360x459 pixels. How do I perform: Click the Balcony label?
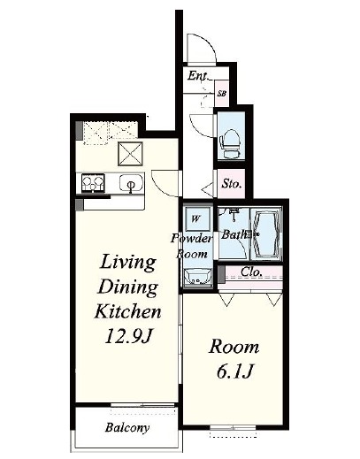(127, 427)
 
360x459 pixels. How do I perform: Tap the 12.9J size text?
(128, 336)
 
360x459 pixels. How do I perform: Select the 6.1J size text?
(234, 371)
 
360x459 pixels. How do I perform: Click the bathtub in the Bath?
(266, 233)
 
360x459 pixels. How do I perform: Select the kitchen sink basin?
(132, 183)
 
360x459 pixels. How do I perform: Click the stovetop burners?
(93, 183)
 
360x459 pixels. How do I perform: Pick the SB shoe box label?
(222, 94)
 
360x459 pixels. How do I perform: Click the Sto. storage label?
(232, 184)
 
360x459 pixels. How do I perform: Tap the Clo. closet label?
(251, 272)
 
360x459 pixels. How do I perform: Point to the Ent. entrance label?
(197, 75)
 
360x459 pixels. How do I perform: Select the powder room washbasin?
(197, 277)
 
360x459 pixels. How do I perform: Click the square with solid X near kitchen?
(130, 154)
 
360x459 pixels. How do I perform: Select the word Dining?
(127, 287)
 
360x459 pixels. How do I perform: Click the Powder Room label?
(192, 246)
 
